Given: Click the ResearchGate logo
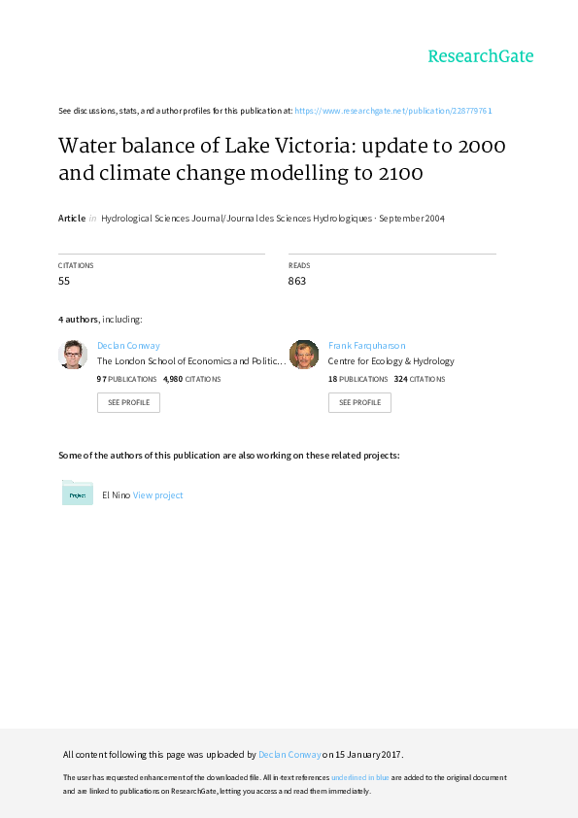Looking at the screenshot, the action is pyautogui.click(x=481, y=56).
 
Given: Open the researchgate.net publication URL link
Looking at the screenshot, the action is pyautogui.click(x=393, y=111).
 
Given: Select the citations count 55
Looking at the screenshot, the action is pyautogui.click(x=64, y=281).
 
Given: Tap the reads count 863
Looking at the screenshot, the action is pyautogui.click(x=297, y=281).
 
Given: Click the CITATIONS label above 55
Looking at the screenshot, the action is pyautogui.click(x=76, y=265).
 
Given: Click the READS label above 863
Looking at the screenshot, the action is pyautogui.click(x=299, y=265).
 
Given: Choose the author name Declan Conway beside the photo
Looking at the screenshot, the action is pyautogui.click(x=128, y=345).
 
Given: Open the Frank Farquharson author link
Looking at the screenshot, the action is pyautogui.click(x=367, y=345).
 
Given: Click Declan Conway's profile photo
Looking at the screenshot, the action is pyautogui.click(x=73, y=355).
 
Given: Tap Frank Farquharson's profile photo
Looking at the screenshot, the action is pyautogui.click(x=304, y=355).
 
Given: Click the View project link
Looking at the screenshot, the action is pyautogui.click(x=157, y=495).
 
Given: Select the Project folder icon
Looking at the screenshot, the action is pyautogui.click(x=77, y=493).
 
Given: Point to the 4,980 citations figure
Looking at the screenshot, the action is pyautogui.click(x=173, y=379).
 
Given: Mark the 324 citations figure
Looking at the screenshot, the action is pyautogui.click(x=400, y=379).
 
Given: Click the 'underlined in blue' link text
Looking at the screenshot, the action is pyautogui.click(x=360, y=777).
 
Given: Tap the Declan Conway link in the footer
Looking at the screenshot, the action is pyautogui.click(x=289, y=754).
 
